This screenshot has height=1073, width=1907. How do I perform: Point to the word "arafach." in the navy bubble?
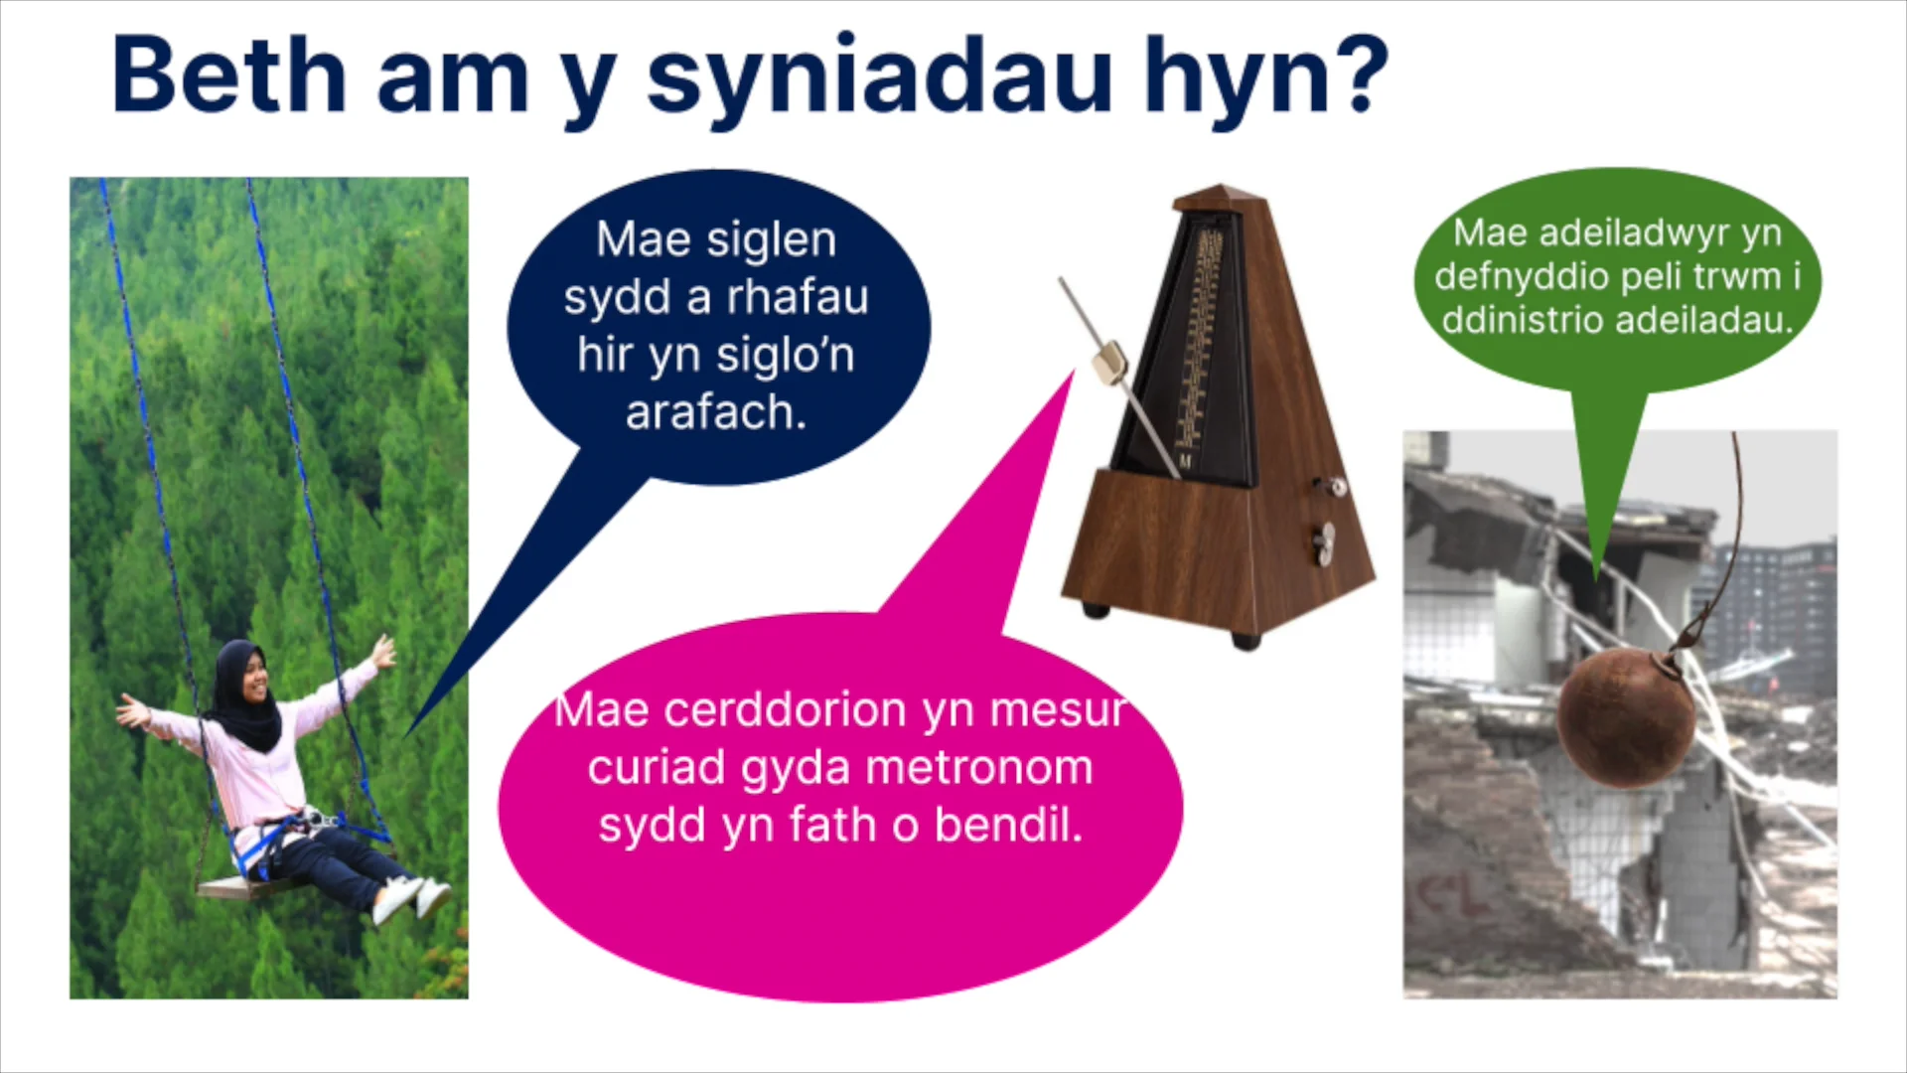715,412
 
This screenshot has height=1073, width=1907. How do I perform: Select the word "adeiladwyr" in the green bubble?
1617,232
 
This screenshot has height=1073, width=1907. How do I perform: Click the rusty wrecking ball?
1625,717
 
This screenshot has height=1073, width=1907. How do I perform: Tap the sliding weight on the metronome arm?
1108,362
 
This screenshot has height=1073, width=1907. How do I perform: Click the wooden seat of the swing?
238,887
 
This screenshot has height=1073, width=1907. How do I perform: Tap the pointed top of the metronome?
1221,192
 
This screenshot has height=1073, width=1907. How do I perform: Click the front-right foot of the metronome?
1246,640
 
